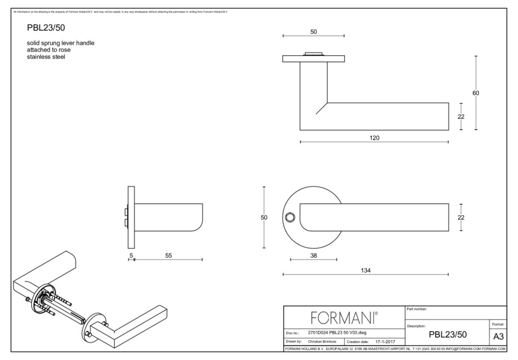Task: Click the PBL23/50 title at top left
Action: click(43, 29)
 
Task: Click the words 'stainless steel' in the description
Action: click(45, 57)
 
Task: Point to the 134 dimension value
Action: click(365, 270)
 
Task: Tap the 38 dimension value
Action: click(313, 255)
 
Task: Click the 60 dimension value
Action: click(476, 93)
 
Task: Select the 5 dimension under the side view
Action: click(131, 255)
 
